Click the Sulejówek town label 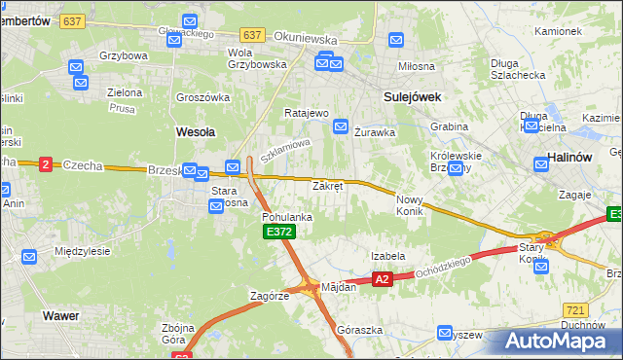point(413,97)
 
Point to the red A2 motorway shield point(382,280)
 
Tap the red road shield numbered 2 point(45,164)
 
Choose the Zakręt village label point(327,185)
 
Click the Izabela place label point(387,256)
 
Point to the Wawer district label point(60,315)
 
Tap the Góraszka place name point(356,330)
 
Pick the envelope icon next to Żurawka point(341,126)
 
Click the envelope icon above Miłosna point(396,40)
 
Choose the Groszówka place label point(202,97)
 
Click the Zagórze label point(270,295)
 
